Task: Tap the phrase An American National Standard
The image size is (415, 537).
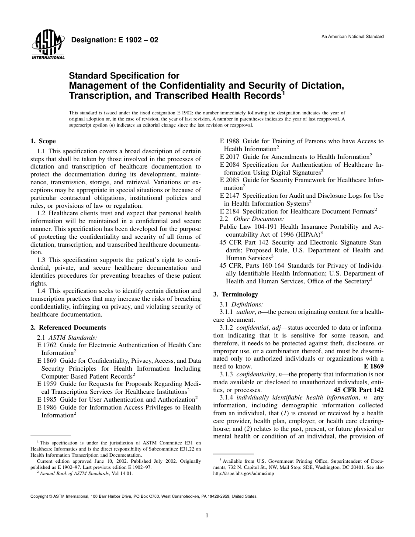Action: [x=353, y=37]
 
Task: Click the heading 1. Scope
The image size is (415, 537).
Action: [x=43, y=141]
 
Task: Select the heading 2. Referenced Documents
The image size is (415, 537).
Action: [x=68, y=327]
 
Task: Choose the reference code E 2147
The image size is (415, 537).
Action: [x=228, y=196]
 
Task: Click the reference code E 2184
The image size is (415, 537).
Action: [x=228, y=211]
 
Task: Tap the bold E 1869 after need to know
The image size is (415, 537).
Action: [x=373, y=367]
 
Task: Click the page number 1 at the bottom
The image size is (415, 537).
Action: [x=207, y=516]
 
